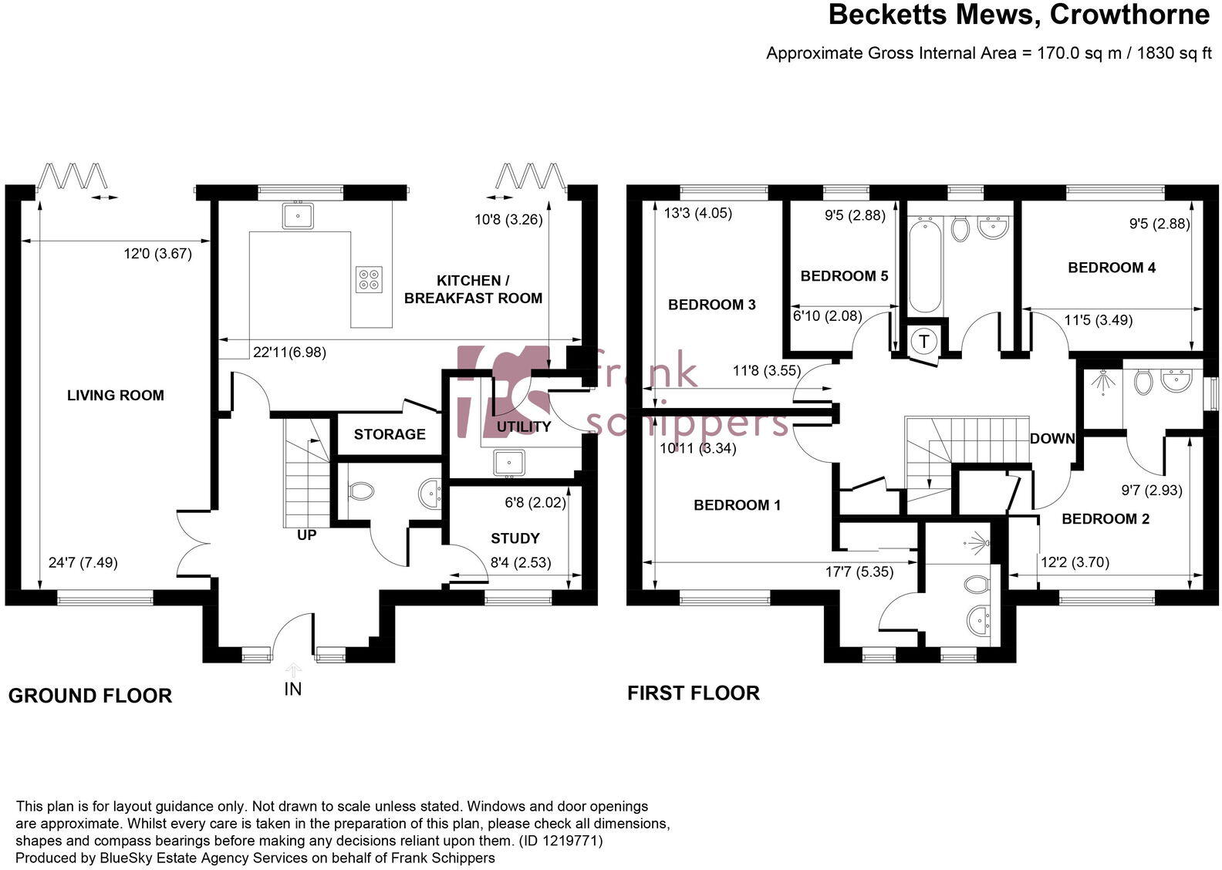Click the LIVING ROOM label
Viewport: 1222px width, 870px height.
click(116, 396)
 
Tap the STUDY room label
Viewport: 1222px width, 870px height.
click(515, 538)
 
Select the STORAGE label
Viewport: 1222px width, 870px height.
click(390, 434)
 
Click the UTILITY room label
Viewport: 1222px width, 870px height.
click(524, 427)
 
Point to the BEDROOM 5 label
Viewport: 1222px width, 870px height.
click(845, 276)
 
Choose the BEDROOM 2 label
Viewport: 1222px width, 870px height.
click(1106, 519)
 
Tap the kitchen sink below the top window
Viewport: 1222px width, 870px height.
click(298, 215)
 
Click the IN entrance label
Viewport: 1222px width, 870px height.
click(293, 689)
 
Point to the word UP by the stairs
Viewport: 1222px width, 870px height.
click(307, 534)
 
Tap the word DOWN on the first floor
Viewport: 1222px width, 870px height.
click(1052, 439)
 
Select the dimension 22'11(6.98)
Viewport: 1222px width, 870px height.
click(289, 352)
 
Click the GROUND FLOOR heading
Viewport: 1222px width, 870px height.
click(90, 696)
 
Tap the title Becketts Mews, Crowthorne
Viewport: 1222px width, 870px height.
click(1018, 15)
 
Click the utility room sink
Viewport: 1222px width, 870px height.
click(509, 463)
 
